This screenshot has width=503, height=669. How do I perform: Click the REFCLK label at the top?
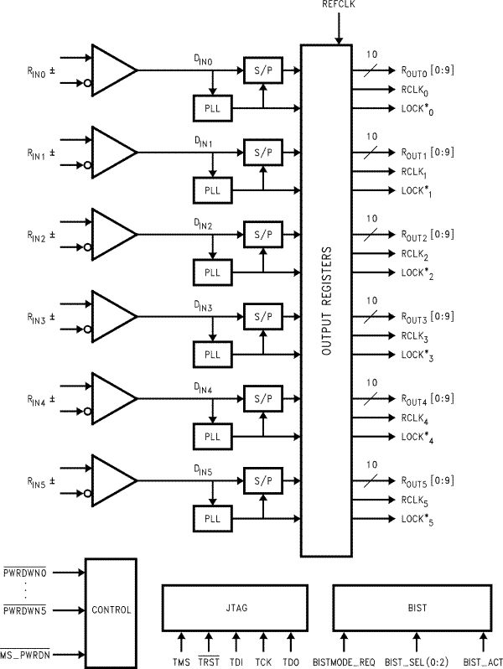339,5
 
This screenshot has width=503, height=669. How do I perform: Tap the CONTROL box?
111,609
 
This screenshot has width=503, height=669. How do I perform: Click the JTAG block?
234,609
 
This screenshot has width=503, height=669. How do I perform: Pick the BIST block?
411,609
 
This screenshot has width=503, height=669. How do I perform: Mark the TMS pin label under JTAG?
182,662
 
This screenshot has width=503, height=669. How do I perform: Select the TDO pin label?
291,662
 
